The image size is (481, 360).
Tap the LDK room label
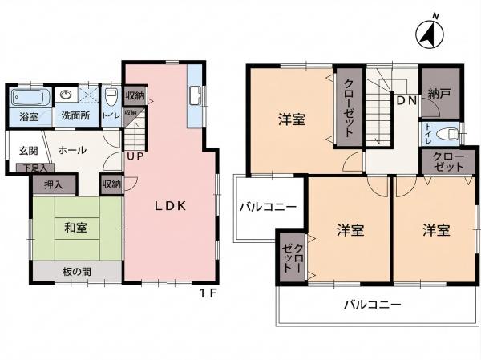[170, 206]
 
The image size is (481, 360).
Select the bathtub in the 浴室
[30, 98]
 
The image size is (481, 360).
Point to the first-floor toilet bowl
[111, 97]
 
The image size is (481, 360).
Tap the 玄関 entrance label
[29, 151]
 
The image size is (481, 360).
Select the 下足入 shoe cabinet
[35, 168]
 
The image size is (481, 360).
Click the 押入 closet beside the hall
[54, 184]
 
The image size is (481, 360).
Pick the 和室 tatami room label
[76, 228]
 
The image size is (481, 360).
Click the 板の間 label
[77, 271]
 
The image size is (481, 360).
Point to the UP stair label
[135, 156]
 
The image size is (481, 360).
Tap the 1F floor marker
[208, 293]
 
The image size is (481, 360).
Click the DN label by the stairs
[407, 100]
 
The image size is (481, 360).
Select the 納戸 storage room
[440, 93]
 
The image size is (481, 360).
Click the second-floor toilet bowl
[447, 134]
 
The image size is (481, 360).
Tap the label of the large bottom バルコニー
[373, 305]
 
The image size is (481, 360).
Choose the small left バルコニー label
[268, 207]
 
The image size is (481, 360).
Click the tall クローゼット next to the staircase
[350, 107]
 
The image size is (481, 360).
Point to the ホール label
[72, 150]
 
